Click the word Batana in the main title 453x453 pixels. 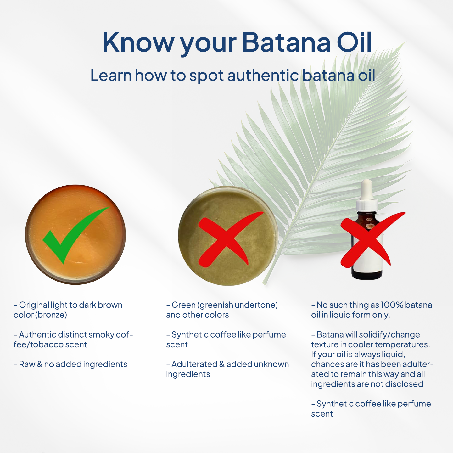click(286, 42)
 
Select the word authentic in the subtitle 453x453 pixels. click(263, 75)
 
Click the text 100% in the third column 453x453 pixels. click(392, 305)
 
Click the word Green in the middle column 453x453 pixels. click(183, 305)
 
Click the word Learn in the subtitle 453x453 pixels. click(111, 75)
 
